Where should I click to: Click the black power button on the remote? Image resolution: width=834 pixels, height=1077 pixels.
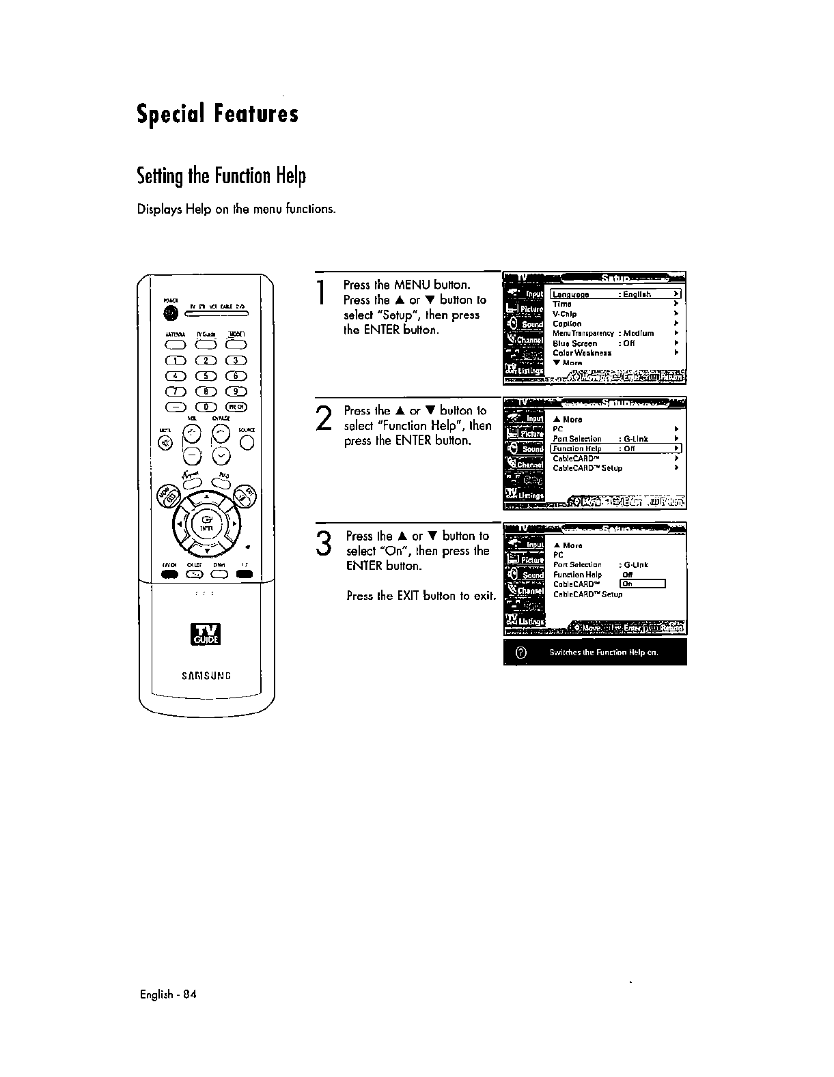(170, 313)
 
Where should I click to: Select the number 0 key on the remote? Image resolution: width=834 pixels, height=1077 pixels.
(203, 407)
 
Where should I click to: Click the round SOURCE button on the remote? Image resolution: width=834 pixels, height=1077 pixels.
(247, 443)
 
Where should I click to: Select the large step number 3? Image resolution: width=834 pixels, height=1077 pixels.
(325, 543)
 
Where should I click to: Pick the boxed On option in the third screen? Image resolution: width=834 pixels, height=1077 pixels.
(641, 584)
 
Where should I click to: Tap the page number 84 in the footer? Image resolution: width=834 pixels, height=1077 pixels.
(190, 994)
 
